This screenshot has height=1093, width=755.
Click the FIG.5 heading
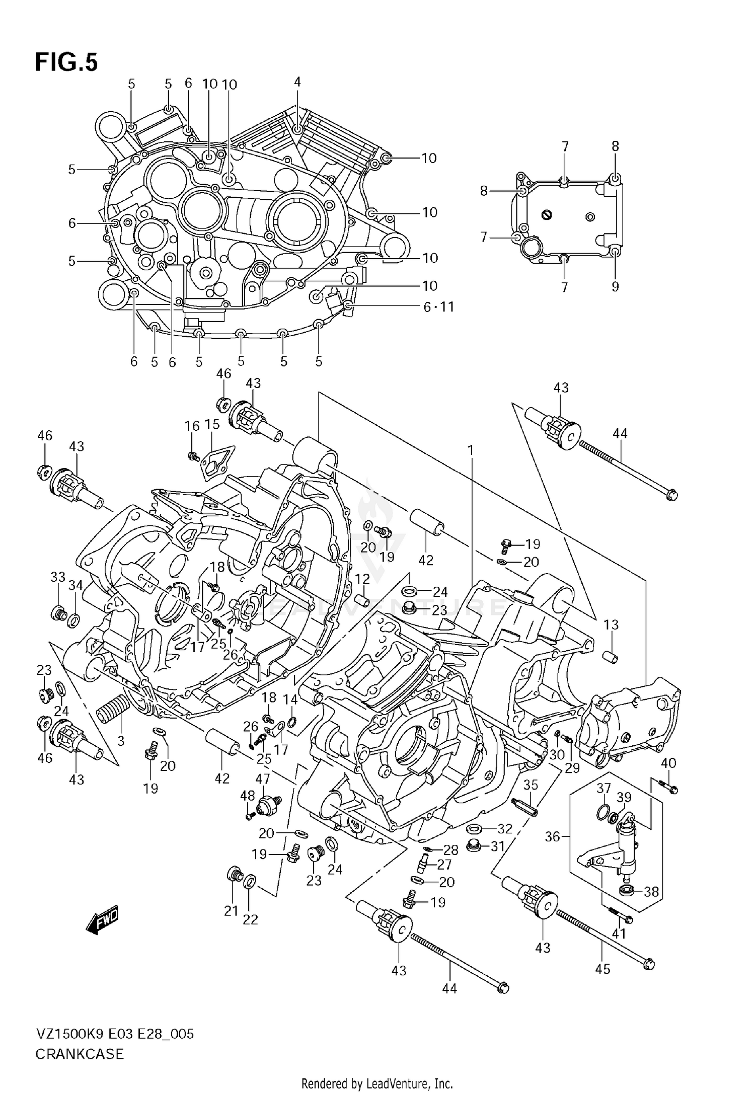(66, 63)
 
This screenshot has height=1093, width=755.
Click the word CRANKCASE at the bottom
(79, 1054)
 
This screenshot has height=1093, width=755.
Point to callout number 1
(471, 450)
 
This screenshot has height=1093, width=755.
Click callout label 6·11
(438, 307)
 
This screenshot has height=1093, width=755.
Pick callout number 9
(615, 286)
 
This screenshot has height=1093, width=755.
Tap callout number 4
(297, 82)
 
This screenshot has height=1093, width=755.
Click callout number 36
(553, 836)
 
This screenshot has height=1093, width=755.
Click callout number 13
(611, 624)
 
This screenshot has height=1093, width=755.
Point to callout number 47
(262, 779)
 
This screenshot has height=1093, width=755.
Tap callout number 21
(231, 911)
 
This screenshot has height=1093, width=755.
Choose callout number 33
(58, 577)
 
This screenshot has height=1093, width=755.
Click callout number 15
(212, 424)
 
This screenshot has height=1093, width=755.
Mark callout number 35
(531, 785)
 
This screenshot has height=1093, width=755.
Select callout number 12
(362, 579)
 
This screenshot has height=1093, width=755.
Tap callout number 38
(651, 892)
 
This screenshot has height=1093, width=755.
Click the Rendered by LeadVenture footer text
(377, 1083)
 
